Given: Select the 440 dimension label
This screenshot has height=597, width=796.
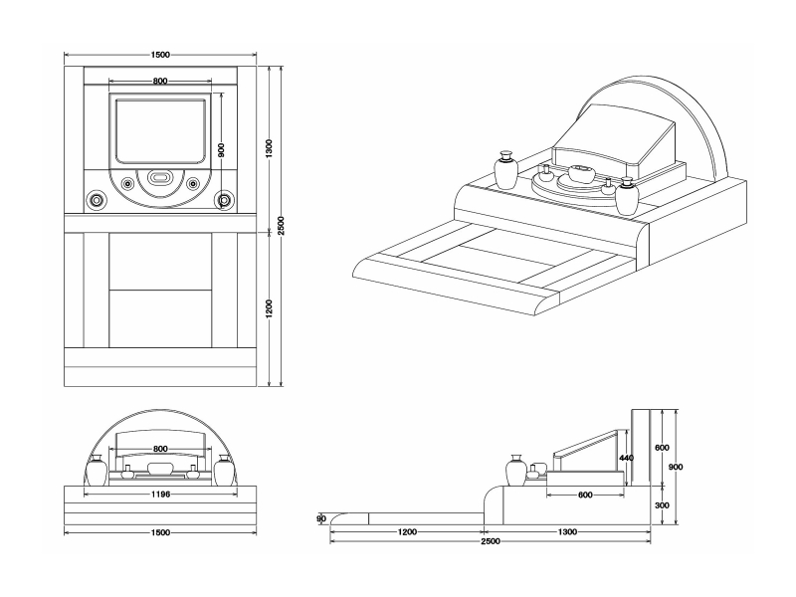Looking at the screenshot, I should click(x=626, y=458).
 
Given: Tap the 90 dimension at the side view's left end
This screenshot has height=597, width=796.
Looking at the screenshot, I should click(x=321, y=518).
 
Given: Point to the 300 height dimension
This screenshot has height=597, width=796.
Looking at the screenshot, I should click(x=662, y=505).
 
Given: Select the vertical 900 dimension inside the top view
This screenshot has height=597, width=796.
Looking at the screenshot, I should click(x=222, y=149).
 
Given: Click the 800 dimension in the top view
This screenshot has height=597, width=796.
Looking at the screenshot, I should click(x=160, y=81).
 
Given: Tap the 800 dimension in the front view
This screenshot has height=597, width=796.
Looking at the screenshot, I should click(x=160, y=449).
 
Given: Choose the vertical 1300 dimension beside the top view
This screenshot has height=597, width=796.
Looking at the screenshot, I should click(x=270, y=147).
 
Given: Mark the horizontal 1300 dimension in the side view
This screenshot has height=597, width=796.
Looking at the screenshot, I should click(x=567, y=531).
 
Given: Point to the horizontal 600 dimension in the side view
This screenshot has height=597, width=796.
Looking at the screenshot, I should click(x=585, y=495).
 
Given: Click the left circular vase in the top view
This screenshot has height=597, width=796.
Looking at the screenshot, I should click(x=97, y=199).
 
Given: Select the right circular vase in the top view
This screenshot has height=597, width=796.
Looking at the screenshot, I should click(x=224, y=199).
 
